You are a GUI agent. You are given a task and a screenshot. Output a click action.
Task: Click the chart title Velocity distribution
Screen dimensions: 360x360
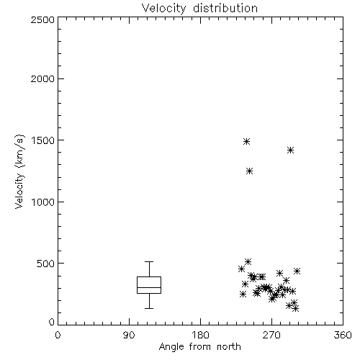coord(199,8)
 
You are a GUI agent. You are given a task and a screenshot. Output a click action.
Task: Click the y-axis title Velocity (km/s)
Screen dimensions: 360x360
coord(19,171)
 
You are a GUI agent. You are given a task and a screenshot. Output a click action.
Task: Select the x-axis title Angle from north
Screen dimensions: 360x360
coord(199,347)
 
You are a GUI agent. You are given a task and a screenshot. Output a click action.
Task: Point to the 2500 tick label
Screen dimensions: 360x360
coord(42,19)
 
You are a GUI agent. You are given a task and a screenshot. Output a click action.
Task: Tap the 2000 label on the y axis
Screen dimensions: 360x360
coord(42,78)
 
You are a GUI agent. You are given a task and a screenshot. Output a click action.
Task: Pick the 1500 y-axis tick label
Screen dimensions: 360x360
coord(43,140)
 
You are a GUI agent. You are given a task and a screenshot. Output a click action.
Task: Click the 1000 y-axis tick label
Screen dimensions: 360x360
coord(43,202)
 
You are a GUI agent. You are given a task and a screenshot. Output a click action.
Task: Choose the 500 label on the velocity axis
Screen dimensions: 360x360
coord(46,264)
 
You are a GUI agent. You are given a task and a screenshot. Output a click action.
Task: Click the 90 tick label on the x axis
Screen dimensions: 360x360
coord(129,335)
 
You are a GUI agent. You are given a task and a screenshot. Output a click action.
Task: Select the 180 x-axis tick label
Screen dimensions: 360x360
coord(200,335)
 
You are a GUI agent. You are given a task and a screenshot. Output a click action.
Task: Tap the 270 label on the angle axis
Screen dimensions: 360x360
coord(271,335)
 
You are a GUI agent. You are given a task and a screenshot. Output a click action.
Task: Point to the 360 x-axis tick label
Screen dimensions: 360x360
coord(343,335)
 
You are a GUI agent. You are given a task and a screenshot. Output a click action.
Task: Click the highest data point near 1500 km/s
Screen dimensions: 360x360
coord(246,141)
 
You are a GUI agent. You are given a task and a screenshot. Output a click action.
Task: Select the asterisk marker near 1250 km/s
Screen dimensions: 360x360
coord(250,171)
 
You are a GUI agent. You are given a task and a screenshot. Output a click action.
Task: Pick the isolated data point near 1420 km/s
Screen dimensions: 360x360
coord(290,150)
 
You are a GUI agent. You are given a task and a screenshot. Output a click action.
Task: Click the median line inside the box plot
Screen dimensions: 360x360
coord(149,287)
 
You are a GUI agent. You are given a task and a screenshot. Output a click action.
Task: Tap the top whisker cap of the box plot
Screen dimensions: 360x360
coord(149,262)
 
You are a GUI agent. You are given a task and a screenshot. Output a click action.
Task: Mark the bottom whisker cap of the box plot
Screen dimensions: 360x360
coord(149,308)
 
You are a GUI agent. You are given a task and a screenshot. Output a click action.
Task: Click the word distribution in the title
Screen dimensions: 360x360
coord(225,8)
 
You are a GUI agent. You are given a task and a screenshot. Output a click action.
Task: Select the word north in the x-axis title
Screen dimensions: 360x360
coord(229,347)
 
